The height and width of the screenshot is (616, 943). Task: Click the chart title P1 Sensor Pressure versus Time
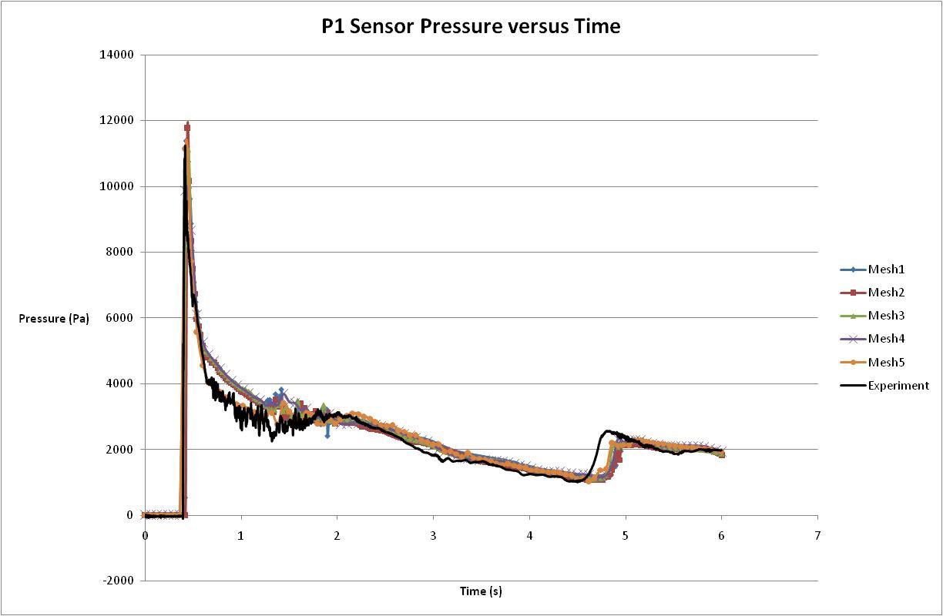tap(471, 26)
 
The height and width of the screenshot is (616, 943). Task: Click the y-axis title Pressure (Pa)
tap(54, 318)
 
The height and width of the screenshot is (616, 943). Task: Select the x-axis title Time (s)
tap(481, 591)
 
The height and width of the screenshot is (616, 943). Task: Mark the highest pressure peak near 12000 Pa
tap(187, 126)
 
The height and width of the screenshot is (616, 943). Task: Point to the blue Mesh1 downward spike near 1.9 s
tap(327, 436)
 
